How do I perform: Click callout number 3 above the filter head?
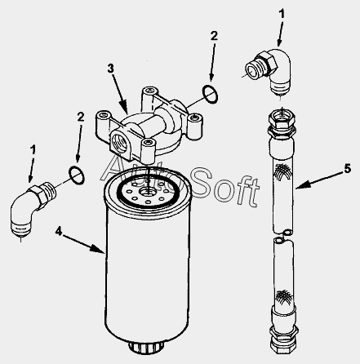point(110,69)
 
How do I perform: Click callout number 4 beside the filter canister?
point(59,231)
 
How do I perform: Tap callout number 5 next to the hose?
point(348,169)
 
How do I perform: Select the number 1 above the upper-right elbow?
point(282,14)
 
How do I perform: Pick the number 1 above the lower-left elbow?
point(33,150)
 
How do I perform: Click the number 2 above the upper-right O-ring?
point(214,36)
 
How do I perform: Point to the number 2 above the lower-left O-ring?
point(81,117)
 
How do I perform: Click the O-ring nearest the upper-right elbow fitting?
point(210,95)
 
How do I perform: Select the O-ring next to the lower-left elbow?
point(77,175)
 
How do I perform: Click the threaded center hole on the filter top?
point(147,192)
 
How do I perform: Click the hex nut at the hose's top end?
point(282,119)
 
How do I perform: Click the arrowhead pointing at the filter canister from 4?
point(97,248)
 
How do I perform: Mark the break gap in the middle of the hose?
point(283,235)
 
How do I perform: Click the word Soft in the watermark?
point(225,185)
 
